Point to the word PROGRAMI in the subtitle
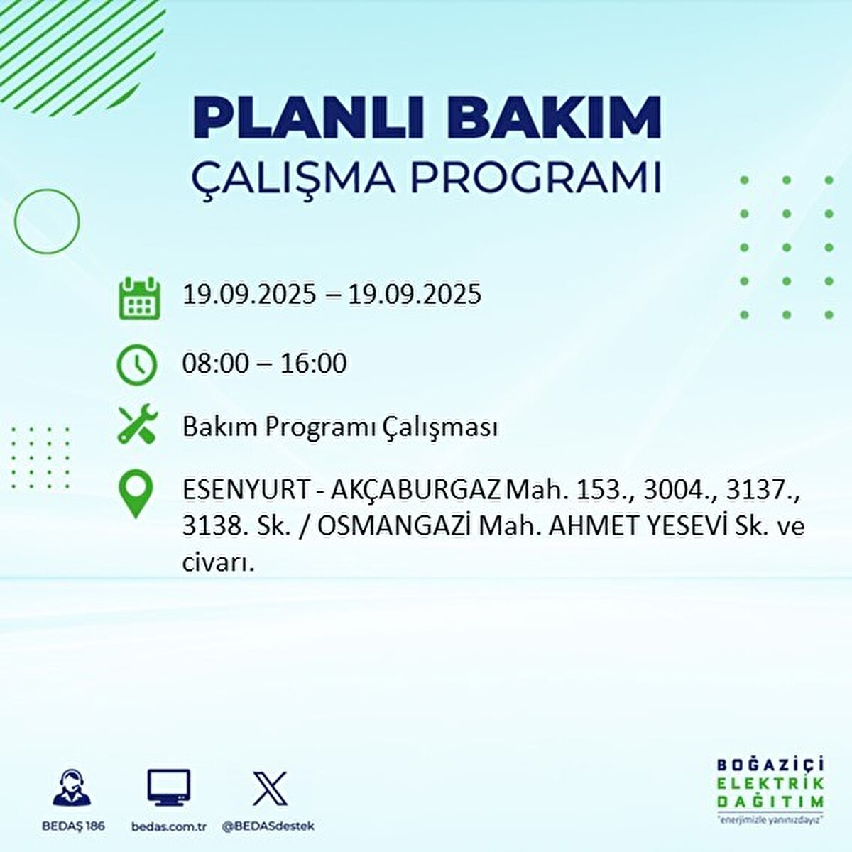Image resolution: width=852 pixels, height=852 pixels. pos(537,178)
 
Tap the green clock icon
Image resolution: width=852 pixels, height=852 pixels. pos(137,365)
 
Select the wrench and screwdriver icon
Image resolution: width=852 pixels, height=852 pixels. pos(137,425)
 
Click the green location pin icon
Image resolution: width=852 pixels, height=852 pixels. pos(137,495)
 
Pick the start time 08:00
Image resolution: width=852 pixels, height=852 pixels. pos(216,364)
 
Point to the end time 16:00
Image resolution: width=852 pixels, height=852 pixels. pos(313,364)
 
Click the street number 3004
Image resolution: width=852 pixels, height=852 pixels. pos(676,491)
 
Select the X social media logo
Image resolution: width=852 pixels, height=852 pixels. pos(270,789)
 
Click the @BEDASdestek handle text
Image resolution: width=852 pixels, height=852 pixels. pos(268,826)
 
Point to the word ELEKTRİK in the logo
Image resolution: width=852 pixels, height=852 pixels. pos(770,783)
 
